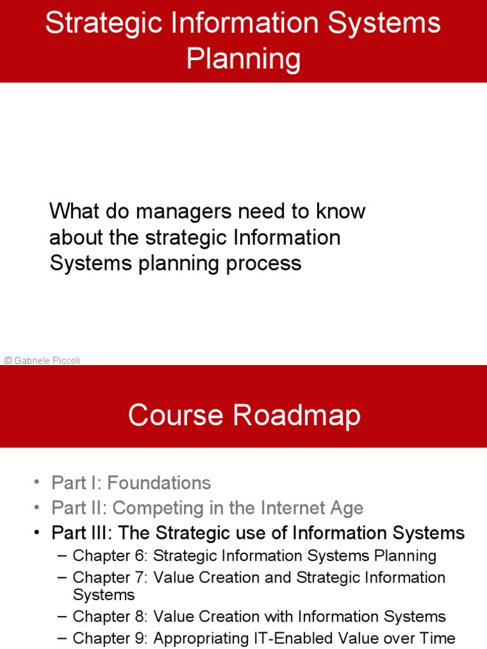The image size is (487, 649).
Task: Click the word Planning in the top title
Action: [243, 60]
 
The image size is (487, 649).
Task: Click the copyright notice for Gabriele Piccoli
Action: [42, 360]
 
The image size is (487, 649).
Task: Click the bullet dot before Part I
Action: [37, 483]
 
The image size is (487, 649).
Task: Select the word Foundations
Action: [159, 483]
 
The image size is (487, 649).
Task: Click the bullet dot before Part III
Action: [37, 533]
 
